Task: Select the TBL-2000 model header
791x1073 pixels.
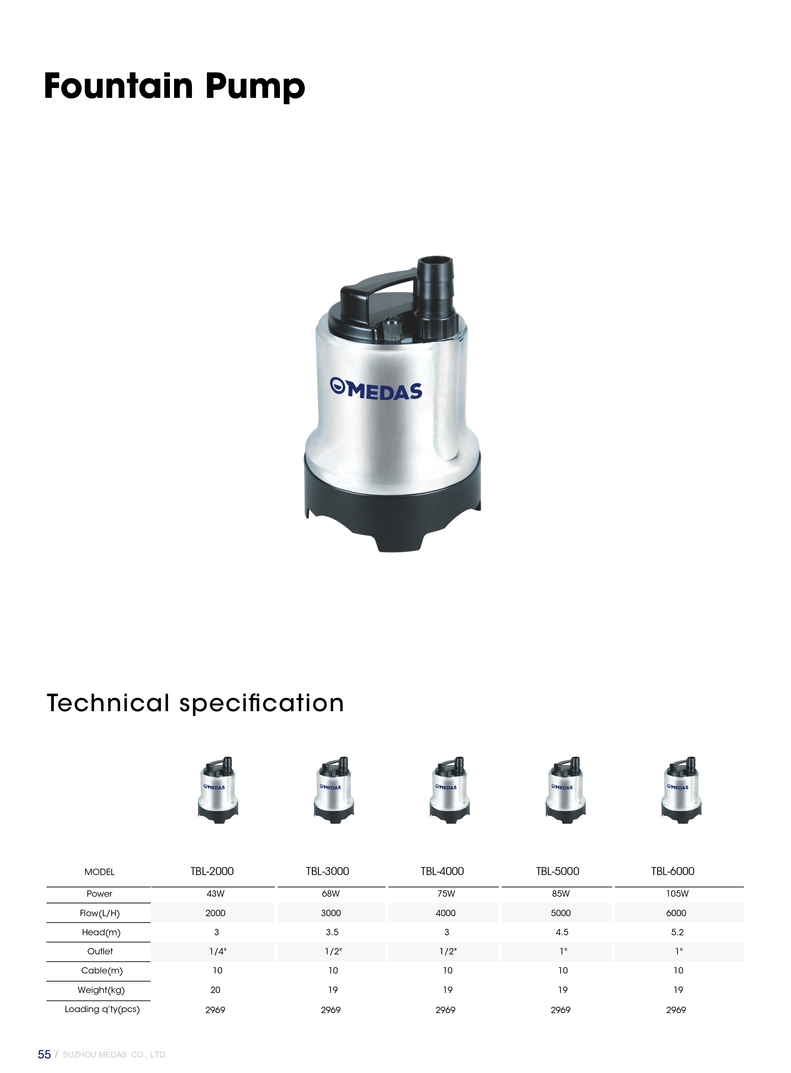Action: [x=212, y=871]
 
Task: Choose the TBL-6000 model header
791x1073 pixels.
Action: [x=673, y=871]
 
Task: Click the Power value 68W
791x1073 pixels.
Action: [x=331, y=894]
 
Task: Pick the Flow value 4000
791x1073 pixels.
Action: [x=446, y=913]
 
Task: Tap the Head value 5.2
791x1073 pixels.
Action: [x=677, y=932]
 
